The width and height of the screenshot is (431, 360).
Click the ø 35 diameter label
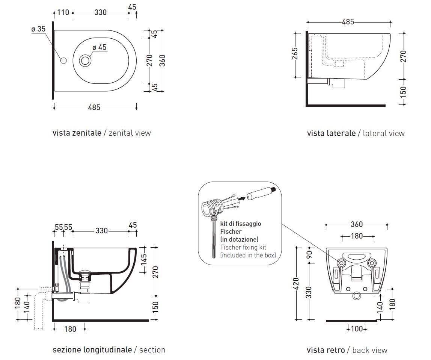click(38, 29)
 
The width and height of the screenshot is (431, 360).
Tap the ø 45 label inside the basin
click(99, 47)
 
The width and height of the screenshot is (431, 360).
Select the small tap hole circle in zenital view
click(63, 61)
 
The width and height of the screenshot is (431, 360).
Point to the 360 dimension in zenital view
click(163, 61)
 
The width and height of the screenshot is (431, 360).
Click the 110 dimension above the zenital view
click(63, 12)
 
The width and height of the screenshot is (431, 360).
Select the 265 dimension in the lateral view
click(295, 53)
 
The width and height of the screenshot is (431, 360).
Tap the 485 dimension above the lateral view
click(348, 22)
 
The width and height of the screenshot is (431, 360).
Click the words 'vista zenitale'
click(77, 133)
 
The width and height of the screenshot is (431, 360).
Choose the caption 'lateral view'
click(384, 133)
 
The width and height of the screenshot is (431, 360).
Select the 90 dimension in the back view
click(310, 255)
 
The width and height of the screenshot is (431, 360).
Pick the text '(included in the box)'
click(248, 255)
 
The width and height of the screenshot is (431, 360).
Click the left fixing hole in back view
click(342, 263)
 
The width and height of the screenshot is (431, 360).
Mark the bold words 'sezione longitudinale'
click(92, 350)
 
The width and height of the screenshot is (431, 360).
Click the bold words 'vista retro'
click(326, 350)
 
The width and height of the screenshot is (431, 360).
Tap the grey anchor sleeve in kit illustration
click(261, 193)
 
